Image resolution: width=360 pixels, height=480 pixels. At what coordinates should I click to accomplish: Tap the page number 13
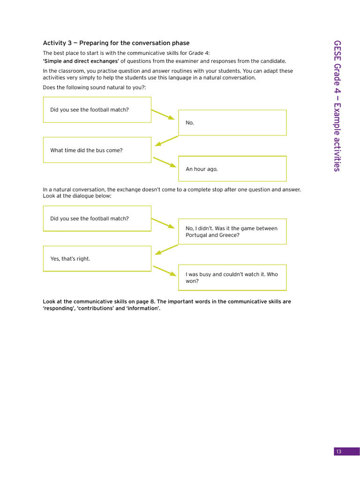point(338,451)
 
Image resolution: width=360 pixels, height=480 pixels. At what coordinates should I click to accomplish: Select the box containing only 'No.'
point(232,122)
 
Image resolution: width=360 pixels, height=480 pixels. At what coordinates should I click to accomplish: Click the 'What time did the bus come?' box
point(97,150)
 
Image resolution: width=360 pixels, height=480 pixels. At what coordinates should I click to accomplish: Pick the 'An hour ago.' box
point(232,169)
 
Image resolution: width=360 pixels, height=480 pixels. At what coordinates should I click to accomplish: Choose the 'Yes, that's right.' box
point(97,259)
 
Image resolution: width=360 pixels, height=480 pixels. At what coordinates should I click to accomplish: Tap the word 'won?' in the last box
point(192,281)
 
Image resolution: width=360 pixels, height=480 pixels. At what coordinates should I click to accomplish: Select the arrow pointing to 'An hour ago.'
point(165,162)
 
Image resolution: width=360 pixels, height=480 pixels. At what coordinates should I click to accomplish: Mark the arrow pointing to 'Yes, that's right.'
point(166,249)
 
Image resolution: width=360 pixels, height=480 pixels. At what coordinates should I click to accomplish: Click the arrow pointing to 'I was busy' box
point(165,270)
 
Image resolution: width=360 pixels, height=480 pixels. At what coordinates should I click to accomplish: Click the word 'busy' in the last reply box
point(205,274)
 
